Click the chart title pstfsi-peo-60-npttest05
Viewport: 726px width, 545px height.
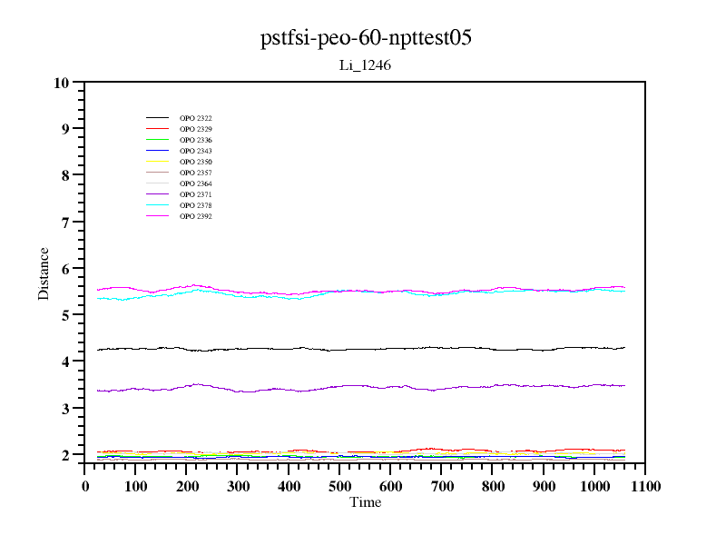(365, 38)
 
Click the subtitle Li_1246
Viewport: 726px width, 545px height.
(365, 65)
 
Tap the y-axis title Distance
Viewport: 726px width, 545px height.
(44, 272)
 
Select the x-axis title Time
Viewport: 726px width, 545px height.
(365, 502)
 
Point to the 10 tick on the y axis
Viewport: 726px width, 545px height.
(62, 83)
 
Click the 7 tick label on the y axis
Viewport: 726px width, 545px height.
(64, 222)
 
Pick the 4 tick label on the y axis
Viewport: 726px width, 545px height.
(64, 362)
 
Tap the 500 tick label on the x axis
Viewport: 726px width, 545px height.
(340, 486)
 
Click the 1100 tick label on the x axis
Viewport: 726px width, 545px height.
(645, 486)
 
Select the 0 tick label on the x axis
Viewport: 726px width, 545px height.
(85, 486)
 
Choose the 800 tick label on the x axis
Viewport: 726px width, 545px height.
(493, 486)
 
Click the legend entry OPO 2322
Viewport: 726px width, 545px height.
(195, 118)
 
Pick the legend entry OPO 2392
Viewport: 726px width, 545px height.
(195, 216)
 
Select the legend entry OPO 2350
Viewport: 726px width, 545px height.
(195, 162)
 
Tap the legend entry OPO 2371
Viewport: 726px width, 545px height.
(195, 194)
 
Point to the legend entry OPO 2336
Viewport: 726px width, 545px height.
(195, 140)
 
